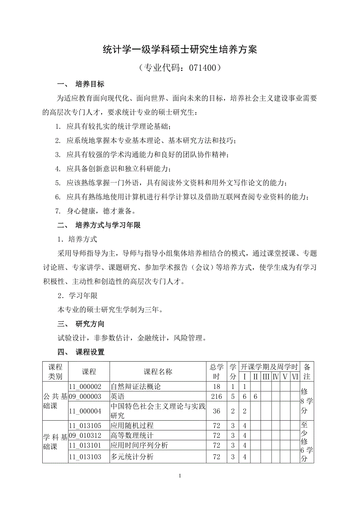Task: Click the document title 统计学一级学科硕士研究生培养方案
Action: [x=180, y=50]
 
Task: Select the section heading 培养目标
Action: [x=90, y=84]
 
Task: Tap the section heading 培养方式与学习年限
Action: [x=108, y=225]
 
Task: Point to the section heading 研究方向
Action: [x=90, y=324]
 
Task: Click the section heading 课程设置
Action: [x=90, y=352]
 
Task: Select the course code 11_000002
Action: [x=85, y=387]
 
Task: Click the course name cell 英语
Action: [x=118, y=396]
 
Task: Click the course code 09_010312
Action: [x=85, y=436]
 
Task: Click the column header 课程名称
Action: [x=158, y=372]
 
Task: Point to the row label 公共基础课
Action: [x=55, y=401]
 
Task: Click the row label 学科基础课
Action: [x=55, y=441]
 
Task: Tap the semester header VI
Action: [x=295, y=377]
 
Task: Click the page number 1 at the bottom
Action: [x=180, y=476]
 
